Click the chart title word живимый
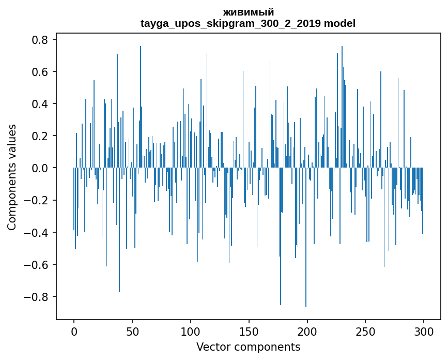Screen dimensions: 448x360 pyautogui.click(x=248, y=12)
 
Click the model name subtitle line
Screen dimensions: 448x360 pyautogui.click(x=248, y=23)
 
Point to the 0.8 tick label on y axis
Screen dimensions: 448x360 pyautogui.click(x=40, y=39)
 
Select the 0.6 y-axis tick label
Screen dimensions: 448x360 pyautogui.click(x=40, y=71)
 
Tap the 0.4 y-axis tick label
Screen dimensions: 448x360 pyautogui.click(x=40, y=104)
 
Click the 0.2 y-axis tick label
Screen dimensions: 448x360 pyautogui.click(x=40, y=136)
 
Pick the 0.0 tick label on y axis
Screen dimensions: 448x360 pyautogui.click(x=40, y=168)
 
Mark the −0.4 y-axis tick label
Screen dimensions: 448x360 pyautogui.click(x=36, y=232)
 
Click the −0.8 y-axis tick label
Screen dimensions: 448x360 pyautogui.click(x=36, y=297)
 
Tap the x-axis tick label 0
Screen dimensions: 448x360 pyautogui.click(x=74, y=332)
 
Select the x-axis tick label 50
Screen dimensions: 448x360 pyautogui.click(x=132, y=332)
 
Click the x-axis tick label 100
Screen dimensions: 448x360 pyautogui.click(x=191, y=332)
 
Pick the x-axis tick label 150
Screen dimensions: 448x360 pyautogui.click(x=249, y=332)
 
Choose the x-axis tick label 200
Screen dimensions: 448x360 pyautogui.click(x=307, y=332)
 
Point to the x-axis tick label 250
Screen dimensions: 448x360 pyautogui.click(x=365, y=332)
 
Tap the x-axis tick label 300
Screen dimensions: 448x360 pyautogui.click(x=424, y=332)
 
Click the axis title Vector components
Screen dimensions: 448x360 pyautogui.click(x=248, y=347)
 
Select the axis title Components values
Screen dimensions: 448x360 pyautogui.click(x=12, y=177)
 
